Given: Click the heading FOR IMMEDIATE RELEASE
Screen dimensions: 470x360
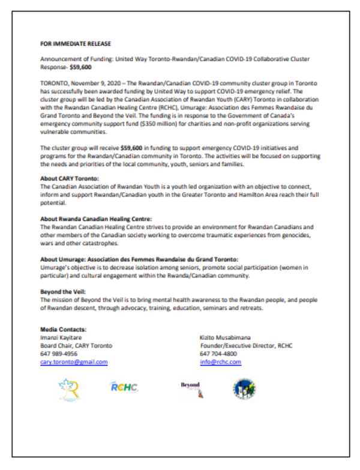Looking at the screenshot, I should click(76, 44).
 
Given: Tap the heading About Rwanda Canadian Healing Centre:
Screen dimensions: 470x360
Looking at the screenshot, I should click(95, 218).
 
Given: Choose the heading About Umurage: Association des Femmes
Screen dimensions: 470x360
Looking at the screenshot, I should click(139, 258).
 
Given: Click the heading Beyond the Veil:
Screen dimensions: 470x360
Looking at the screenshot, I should click(61, 291).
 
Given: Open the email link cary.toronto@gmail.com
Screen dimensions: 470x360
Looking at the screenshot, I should click(74, 363).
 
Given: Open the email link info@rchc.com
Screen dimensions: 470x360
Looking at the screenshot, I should click(220, 363).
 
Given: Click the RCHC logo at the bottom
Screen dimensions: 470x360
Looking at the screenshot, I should click(124, 388).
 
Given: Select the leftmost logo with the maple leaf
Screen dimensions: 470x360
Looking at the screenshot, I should click(68, 391).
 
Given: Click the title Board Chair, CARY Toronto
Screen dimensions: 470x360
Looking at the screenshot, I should click(76, 346).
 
